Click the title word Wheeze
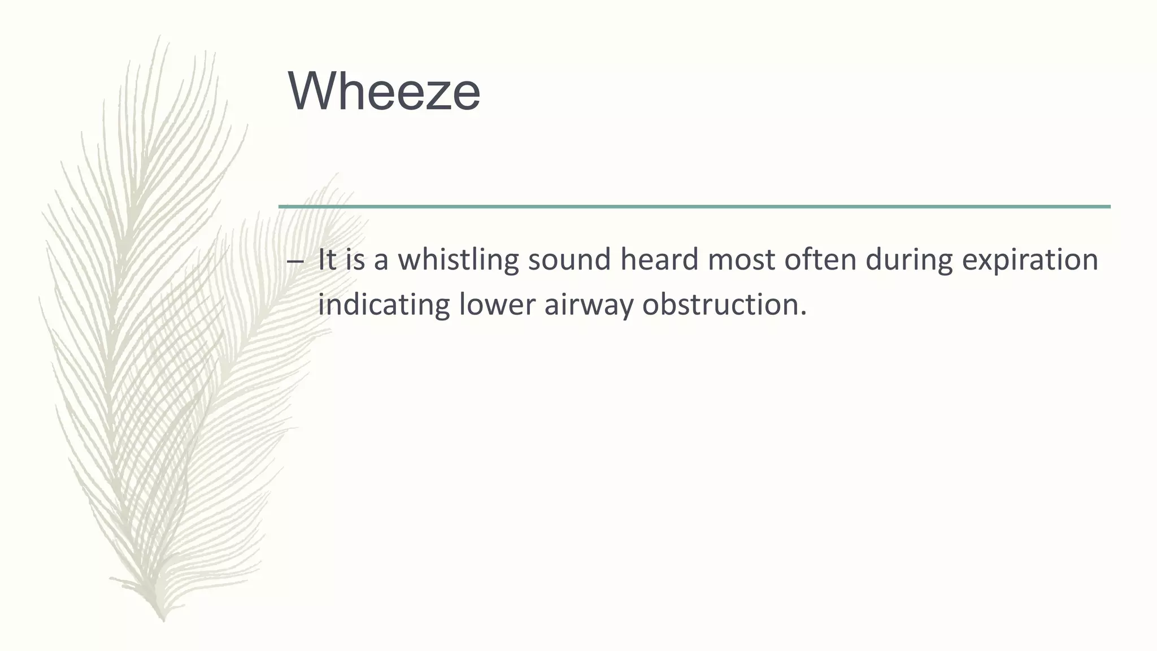[x=384, y=92]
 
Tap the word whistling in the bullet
[x=458, y=260]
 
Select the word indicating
[x=384, y=305]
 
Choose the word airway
[x=588, y=305]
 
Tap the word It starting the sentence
[x=327, y=260]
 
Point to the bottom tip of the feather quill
[x=163, y=620]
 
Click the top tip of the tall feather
[x=160, y=36]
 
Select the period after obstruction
[x=803, y=314]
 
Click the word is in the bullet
[x=355, y=260]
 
